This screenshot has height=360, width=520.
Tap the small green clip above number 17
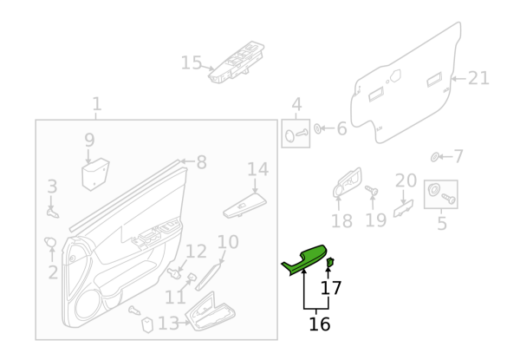point(330,262)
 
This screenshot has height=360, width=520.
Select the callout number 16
point(320,324)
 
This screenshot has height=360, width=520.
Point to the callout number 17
point(331,288)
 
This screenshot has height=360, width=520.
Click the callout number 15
point(191,62)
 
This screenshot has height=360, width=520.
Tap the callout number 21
point(478,78)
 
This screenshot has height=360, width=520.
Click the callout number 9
point(89,140)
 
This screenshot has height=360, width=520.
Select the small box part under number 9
point(94,174)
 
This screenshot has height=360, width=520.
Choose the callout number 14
point(258,169)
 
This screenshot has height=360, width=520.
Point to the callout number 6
point(341,129)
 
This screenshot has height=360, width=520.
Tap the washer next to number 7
point(435,157)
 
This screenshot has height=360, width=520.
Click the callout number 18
point(341,221)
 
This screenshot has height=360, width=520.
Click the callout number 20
point(406,180)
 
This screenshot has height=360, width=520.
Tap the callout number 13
point(167,324)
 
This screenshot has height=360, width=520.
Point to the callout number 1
point(96,104)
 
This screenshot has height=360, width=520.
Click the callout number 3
point(52,187)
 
